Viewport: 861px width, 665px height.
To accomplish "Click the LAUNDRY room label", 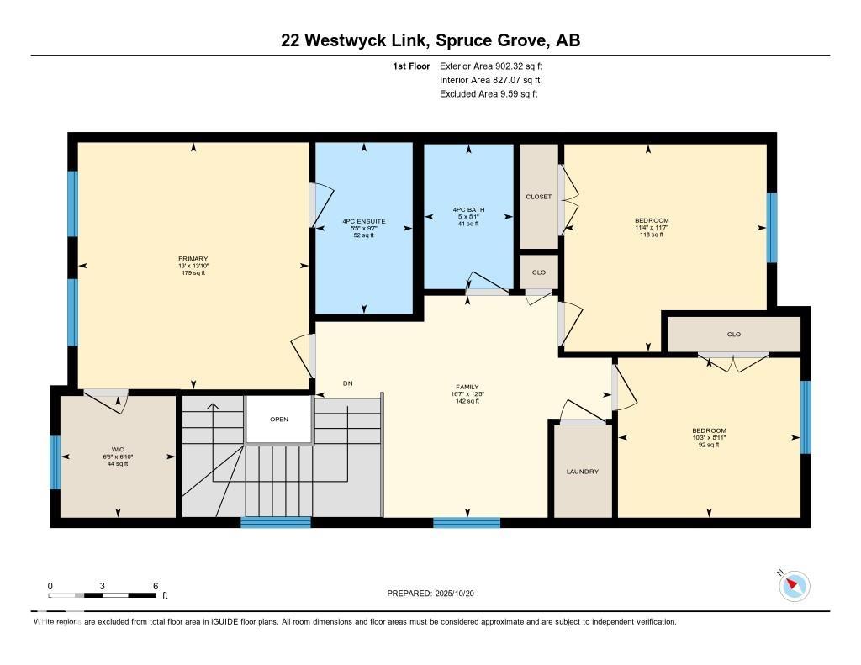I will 582,472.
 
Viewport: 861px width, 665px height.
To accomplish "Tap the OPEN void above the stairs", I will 279,419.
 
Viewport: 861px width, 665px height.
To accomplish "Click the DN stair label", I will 347,383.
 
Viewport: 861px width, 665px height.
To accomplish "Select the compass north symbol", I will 794,585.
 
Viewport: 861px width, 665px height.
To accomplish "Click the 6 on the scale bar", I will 156,585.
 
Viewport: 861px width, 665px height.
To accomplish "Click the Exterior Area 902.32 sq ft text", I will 497,66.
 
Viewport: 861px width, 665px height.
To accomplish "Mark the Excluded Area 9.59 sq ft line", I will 488,94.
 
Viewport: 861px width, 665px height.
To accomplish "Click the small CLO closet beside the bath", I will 538,272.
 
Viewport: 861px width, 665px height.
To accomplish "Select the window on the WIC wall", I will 55,462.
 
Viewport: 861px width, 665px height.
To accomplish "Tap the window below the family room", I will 467,523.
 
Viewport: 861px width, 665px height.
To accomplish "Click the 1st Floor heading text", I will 411,66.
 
